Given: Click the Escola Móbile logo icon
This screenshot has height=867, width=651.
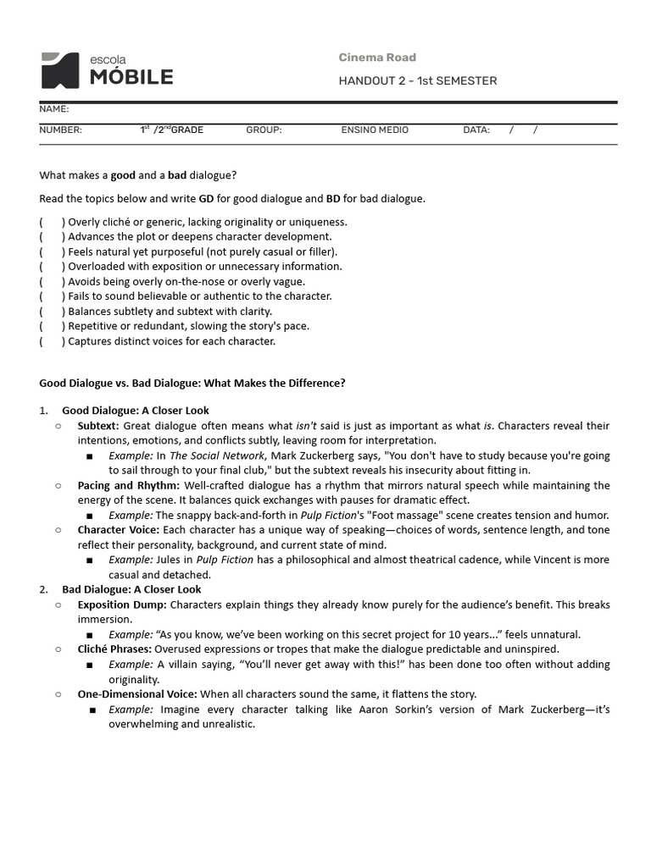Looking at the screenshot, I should [62, 70].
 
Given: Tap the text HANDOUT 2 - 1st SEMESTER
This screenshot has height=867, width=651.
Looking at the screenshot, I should [417, 81].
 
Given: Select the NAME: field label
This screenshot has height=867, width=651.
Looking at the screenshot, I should [54, 109].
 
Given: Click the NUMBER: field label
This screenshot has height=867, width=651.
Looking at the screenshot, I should [61, 130].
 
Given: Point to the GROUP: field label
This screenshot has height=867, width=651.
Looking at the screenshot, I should [264, 130].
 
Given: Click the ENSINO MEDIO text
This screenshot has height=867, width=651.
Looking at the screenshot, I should [375, 130].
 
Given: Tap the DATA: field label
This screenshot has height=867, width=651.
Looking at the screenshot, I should [476, 130].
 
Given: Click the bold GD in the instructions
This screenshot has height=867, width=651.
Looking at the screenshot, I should [206, 199].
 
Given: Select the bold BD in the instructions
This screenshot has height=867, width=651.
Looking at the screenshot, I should [334, 199].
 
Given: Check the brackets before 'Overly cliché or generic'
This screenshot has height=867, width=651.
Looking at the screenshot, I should [51, 223].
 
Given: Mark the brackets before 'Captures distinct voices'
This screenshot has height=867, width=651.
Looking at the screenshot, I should [51, 341].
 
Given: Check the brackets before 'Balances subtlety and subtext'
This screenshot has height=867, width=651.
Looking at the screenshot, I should [51, 312].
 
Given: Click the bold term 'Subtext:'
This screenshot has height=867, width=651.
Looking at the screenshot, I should [98, 426].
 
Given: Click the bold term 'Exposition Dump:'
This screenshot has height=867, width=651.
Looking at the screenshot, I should [122, 605].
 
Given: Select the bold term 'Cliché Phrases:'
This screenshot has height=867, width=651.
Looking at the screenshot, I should [114, 649].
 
